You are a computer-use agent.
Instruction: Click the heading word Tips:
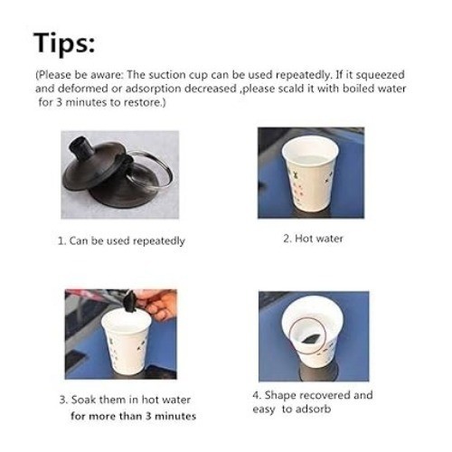tap(64, 43)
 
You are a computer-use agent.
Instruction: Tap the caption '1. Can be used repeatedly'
tap(121, 241)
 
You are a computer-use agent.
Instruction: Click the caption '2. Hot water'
tap(313, 239)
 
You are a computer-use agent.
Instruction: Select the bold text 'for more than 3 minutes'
tap(133, 416)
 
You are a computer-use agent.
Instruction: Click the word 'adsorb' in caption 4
tap(313, 410)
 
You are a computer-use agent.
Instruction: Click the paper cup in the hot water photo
tap(310, 174)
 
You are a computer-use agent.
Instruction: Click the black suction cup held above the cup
tap(130, 302)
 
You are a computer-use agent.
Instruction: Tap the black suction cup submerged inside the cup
tap(310, 339)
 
